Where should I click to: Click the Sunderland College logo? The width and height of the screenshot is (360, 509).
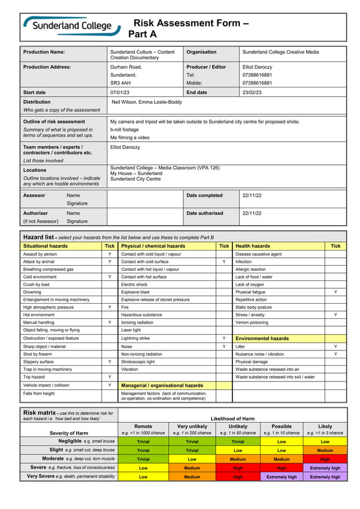(x=71, y=27)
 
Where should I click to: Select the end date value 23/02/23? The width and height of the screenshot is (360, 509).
(x=252, y=93)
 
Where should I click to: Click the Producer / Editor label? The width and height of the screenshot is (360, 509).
(x=206, y=67)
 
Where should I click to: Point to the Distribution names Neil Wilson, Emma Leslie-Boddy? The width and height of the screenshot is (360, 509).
(x=147, y=103)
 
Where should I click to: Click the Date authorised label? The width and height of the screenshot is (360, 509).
(x=205, y=213)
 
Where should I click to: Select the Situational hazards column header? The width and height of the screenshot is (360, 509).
(x=45, y=246)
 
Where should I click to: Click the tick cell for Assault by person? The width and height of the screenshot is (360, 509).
(x=109, y=254)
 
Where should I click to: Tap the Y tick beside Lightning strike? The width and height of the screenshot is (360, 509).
(x=224, y=338)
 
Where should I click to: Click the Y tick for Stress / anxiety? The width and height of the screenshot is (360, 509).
(x=336, y=315)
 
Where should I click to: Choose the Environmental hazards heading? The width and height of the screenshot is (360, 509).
(x=262, y=339)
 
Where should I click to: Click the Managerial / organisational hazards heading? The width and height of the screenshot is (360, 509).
(x=162, y=385)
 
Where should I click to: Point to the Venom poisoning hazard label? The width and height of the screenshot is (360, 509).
(x=251, y=323)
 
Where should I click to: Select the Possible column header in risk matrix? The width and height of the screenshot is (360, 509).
(x=281, y=427)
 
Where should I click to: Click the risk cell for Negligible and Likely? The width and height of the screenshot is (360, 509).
(x=324, y=442)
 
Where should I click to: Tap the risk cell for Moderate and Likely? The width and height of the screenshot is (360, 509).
(x=324, y=459)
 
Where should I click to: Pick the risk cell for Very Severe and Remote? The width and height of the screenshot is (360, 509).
(x=143, y=477)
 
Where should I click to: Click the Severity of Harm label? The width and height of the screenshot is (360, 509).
(x=68, y=433)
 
